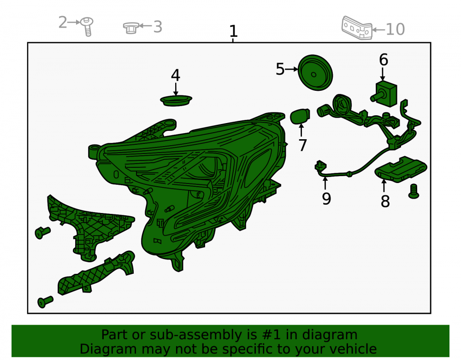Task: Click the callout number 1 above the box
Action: pyautogui.click(x=233, y=31)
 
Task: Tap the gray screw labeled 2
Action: pyautogui.click(x=87, y=26)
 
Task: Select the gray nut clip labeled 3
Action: pyautogui.click(x=131, y=28)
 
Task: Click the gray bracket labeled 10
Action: pyautogui.click(x=357, y=28)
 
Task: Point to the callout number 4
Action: pyautogui.click(x=176, y=75)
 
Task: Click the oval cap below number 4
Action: pyautogui.click(x=176, y=100)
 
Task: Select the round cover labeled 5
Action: pyautogui.click(x=315, y=72)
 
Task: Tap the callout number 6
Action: pyautogui.click(x=384, y=59)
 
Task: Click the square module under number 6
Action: pyautogui.click(x=384, y=94)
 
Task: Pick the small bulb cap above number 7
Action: pyautogui.click(x=300, y=116)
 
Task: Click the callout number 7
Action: pyautogui.click(x=302, y=145)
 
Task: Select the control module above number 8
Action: pyautogui.click(x=401, y=169)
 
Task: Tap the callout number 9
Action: pyautogui.click(x=326, y=199)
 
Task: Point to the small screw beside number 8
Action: pyautogui.click(x=414, y=191)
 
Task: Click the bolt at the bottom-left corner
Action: pyautogui.click(x=45, y=302)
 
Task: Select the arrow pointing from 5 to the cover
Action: pyautogui.click(x=291, y=69)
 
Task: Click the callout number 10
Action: pyautogui.click(x=396, y=30)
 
